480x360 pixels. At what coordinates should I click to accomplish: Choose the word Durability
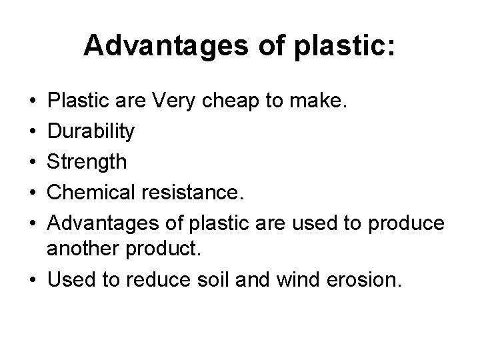91,131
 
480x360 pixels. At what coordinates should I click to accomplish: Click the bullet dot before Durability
32,131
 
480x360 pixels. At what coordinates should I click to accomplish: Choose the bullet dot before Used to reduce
32,279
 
